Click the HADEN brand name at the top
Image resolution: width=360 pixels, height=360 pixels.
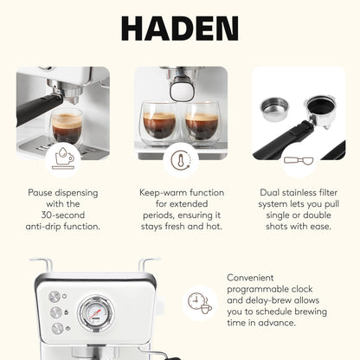pyautogui.click(x=180, y=28)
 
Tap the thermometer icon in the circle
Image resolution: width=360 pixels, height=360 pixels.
pyautogui.click(x=180, y=162)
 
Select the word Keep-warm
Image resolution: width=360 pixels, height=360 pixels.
pyautogui.click(x=162, y=192)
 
